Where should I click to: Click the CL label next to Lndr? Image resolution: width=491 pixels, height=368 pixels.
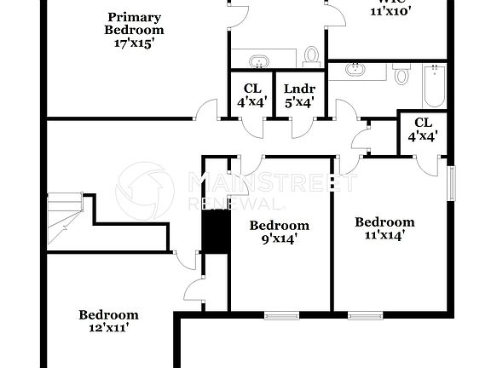point(252,88)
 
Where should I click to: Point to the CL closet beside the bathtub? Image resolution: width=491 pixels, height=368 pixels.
point(420,128)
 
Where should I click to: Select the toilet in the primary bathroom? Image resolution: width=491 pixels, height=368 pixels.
point(311,56)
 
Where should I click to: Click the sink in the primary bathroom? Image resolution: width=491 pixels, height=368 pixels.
point(257,60)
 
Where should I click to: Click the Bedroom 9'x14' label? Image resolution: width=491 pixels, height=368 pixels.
point(279,232)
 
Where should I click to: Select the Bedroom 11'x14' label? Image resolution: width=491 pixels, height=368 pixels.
point(384,228)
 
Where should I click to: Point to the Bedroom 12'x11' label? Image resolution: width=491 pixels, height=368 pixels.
point(108,319)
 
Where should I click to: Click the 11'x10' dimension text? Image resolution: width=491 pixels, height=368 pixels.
point(391,11)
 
